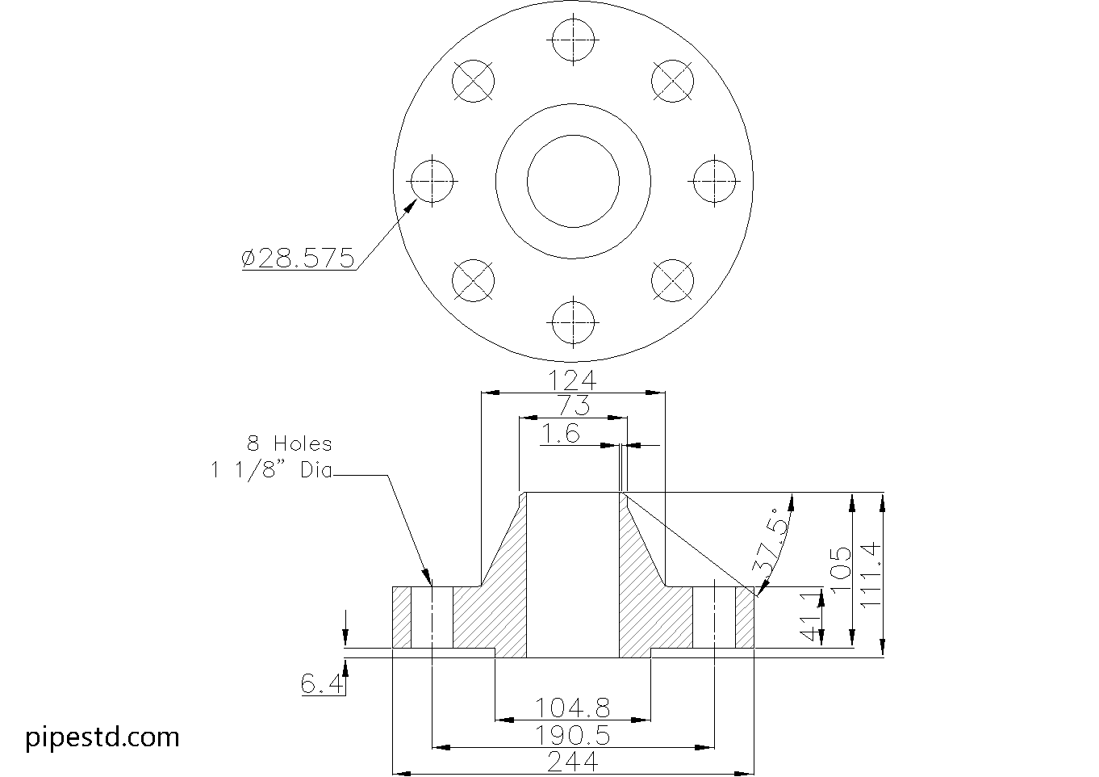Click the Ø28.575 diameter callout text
pyautogui.click(x=298, y=258)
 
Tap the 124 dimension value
pyautogui.click(x=572, y=380)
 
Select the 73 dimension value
pyautogui.click(x=574, y=405)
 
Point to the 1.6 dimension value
pyautogui.click(x=561, y=434)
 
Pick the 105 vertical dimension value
pyautogui.click(x=841, y=569)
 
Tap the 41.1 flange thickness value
pyautogui.click(x=811, y=617)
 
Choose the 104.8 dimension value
pyautogui.click(x=572, y=708)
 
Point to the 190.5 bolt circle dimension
pyautogui.click(x=572, y=736)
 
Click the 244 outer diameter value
pyautogui.click(x=572, y=762)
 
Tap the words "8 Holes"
pyautogui.click(x=290, y=443)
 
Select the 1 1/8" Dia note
pyautogui.click(x=271, y=471)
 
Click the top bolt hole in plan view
pyautogui.click(x=573, y=40)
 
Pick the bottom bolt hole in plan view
pyautogui.click(x=573, y=323)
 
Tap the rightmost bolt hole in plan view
pyautogui.click(x=714, y=181)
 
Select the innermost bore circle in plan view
pyautogui.click(x=573, y=181)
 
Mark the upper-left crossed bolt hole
pyautogui.click(x=473, y=81)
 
